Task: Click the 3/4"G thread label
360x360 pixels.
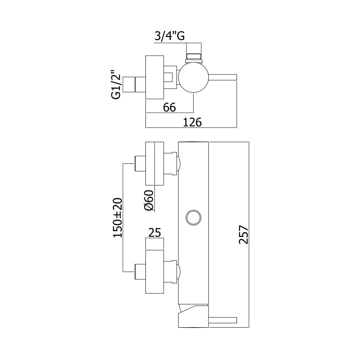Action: click(170, 36)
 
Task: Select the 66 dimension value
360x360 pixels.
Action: click(170, 107)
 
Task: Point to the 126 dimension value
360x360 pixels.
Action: click(192, 122)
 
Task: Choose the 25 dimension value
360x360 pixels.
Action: click(155, 233)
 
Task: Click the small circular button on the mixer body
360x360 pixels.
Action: click(193, 217)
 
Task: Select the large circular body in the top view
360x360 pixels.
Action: click(194, 77)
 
